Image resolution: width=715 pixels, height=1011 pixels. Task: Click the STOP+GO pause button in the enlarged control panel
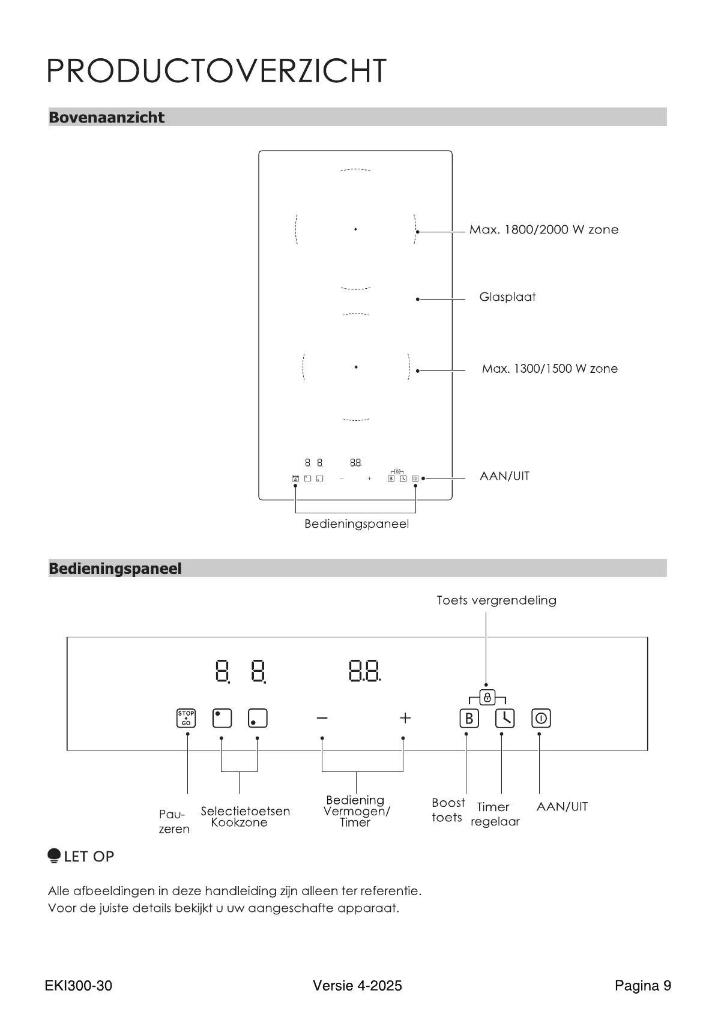pyautogui.click(x=186, y=718)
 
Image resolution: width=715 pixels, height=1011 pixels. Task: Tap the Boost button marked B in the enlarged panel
pyautogui.click(x=469, y=718)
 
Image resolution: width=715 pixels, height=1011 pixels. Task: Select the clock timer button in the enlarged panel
pyautogui.click(x=505, y=718)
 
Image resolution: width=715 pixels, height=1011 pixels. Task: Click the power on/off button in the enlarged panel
pyautogui.click(x=541, y=718)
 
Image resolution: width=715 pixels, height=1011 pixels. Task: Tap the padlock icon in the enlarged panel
pyautogui.click(x=487, y=697)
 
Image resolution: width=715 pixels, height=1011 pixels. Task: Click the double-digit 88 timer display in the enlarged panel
pyautogui.click(x=364, y=670)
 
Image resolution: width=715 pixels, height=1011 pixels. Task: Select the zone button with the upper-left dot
pyautogui.click(x=222, y=718)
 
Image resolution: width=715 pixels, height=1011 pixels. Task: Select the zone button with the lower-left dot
pyautogui.click(x=258, y=718)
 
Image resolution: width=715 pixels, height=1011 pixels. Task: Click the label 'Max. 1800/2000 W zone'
pyautogui.click(x=543, y=229)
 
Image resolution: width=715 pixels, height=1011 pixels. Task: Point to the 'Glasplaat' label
pyautogui.click(x=507, y=297)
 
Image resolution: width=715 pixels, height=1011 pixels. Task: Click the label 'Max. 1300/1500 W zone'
pyautogui.click(x=549, y=369)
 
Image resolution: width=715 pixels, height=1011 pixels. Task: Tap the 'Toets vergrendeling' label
pyautogui.click(x=496, y=600)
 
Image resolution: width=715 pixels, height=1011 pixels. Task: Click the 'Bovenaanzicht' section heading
pyautogui.click(x=106, y=117)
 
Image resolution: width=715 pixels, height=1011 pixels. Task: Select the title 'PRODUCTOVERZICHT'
pyautogui.click(x=217, y=71)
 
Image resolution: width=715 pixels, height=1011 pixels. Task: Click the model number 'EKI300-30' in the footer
pyautogui.click(x=78, y=985)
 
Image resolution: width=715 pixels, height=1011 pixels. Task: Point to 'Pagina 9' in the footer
pyautogui.click(x=642, y=985)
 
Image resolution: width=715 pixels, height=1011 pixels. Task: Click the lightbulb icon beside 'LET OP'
pyautogui.click(x=54, y=856)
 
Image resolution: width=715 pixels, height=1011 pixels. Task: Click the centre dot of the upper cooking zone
pyautogui.click(x=355, y=229)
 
